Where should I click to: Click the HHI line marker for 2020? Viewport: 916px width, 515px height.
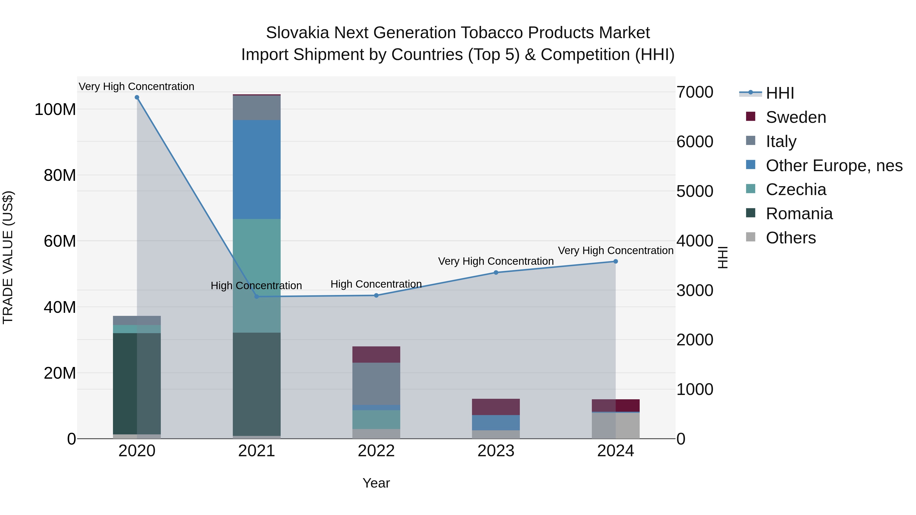point(137,97)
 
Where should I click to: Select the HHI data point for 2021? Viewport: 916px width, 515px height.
point(257,297)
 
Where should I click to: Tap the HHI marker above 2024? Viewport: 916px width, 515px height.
point(616,262)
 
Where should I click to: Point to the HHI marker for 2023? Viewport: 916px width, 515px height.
point(496,273)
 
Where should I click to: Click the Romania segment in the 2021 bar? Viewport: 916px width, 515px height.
point(257,384)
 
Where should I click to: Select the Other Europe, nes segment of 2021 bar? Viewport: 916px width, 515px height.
point(257,170)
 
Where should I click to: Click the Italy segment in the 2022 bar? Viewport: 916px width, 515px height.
point(376,384)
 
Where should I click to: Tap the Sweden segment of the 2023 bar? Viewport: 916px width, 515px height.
point(496,407)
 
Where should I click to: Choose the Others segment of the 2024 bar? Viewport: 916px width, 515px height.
point(616,425)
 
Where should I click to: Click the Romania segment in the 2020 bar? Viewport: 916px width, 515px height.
point(137,384)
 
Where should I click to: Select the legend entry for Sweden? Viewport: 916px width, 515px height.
point(795,117)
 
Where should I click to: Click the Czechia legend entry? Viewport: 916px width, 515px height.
point(795,189)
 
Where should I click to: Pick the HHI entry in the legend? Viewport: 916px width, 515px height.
point(779,93)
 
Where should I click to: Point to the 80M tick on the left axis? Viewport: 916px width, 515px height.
point(60,175)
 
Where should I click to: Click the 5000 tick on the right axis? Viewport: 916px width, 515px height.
point(694,191)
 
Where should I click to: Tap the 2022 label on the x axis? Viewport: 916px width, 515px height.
point(376,451)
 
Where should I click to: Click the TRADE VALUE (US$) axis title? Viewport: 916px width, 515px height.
point(8,257)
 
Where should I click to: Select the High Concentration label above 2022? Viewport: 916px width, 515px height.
point(376,284)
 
